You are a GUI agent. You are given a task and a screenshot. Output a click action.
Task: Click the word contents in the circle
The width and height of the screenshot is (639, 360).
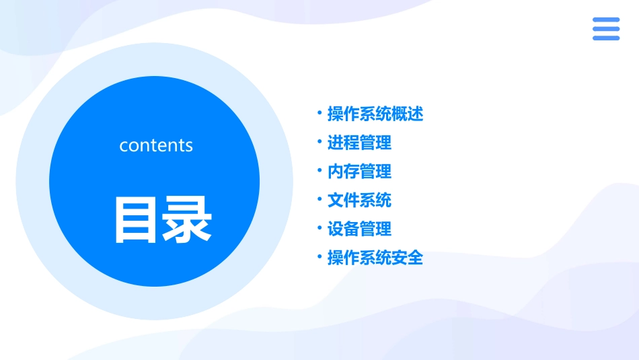click(x=156, y=145)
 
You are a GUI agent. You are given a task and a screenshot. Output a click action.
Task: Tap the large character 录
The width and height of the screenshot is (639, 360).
click(x=187, y=220)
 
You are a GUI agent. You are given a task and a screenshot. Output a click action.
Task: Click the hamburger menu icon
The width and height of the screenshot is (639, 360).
click(x=606, y=29)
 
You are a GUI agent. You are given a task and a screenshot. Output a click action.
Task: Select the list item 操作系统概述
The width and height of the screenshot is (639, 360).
click(x=375, y=114)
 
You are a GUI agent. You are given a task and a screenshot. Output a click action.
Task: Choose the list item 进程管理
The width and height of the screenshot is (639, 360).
click(x=359, y=143)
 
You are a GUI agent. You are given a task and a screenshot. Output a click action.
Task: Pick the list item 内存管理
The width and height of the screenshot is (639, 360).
click(x=359, y=172)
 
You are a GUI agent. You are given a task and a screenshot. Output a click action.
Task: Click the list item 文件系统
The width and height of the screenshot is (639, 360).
click(x=359, y=201)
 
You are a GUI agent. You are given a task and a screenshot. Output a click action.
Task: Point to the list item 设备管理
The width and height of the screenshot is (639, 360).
click(x=359, y=229)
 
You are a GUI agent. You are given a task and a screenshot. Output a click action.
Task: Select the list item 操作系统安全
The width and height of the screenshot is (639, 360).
click(x=375, y=258)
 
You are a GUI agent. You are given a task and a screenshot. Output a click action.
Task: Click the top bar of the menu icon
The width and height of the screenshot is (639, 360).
click(x=606, y=20)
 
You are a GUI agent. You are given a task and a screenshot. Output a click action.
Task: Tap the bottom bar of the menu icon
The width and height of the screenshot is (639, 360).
click(x=606, y=38)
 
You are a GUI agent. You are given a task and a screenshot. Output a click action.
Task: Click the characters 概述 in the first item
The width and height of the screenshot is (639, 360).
click(x=408, y=114)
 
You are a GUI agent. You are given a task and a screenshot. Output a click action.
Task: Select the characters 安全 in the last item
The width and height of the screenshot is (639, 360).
click(x=408, y=258)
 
